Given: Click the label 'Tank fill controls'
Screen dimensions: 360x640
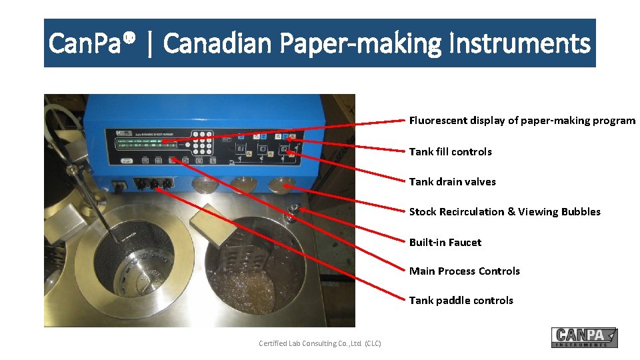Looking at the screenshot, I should (450, 152).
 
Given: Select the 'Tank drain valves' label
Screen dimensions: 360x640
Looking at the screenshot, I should (452, 182).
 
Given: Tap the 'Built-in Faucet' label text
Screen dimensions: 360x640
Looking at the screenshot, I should (445, 243).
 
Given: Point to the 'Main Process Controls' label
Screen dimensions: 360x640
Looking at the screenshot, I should (464, 271).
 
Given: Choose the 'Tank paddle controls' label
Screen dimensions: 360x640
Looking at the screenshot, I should (461, 301).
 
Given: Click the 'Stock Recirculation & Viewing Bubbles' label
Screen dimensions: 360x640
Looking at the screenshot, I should (504, 212).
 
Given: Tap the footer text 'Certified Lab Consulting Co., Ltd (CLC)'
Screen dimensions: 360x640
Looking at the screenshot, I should (319, 343).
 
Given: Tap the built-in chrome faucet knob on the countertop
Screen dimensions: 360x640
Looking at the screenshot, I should (291, 212).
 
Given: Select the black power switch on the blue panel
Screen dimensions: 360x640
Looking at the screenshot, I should (121, 186).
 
